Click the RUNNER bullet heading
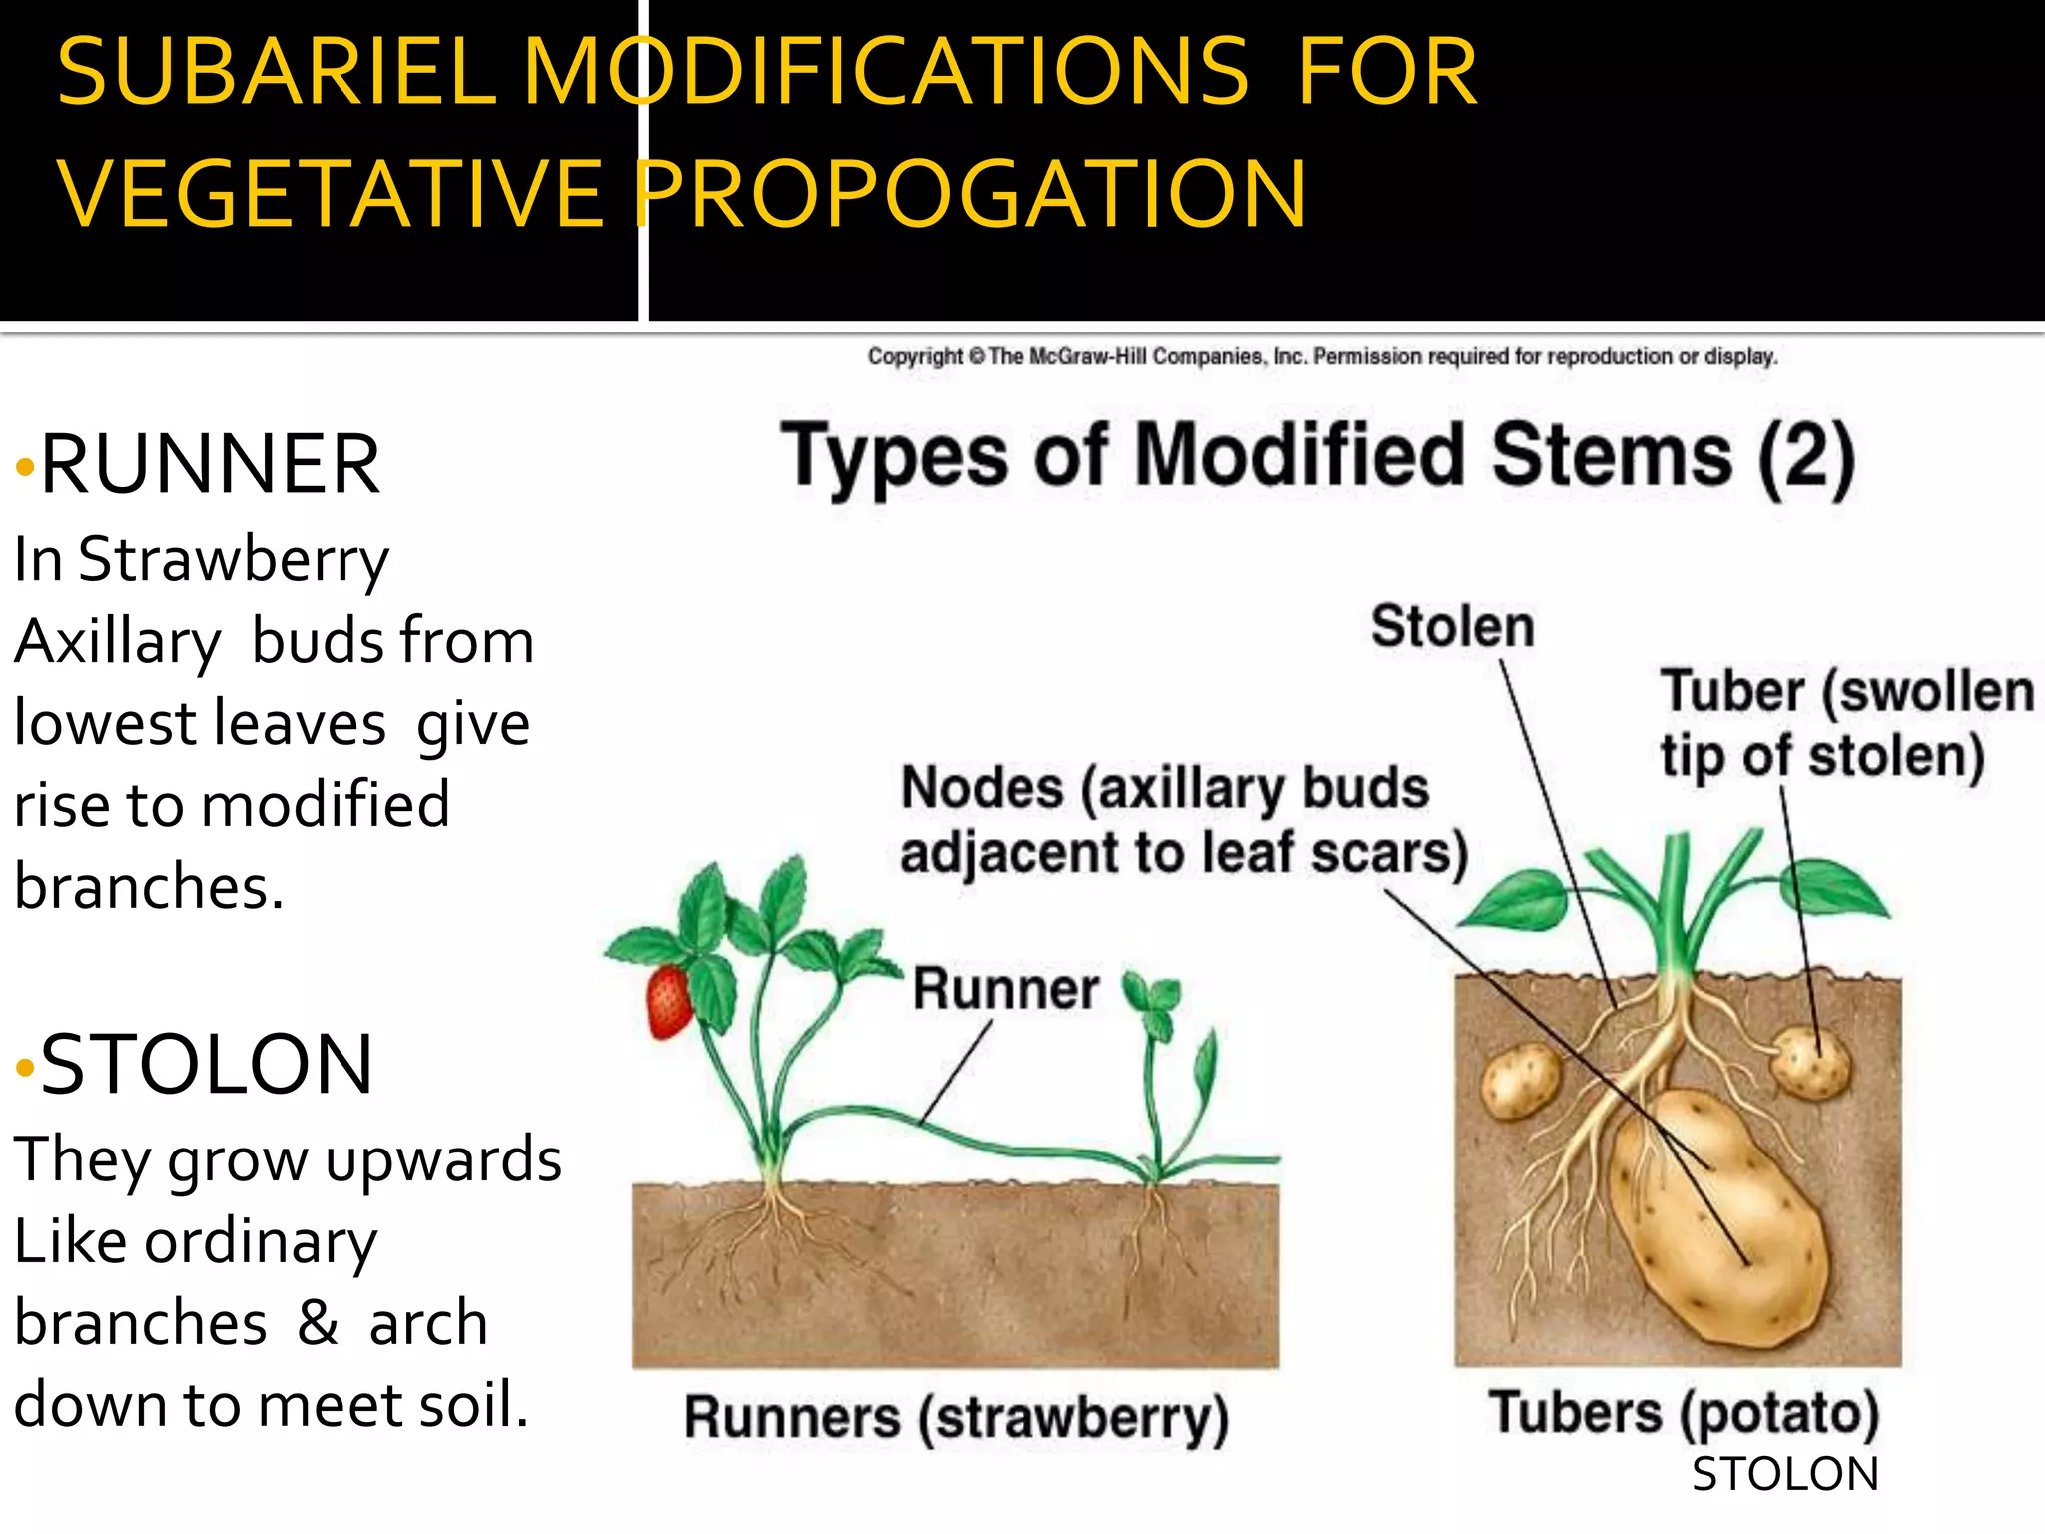coord(210,464)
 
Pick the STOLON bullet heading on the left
coord(207,1065)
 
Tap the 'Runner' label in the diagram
coord(1006,989)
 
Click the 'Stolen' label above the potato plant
coord(1452,627)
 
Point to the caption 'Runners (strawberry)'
coord(956,1418)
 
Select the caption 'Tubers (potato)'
coord(1684,1412)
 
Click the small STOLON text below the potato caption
coord(1784,1475)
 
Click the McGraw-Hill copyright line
coord(1322,357)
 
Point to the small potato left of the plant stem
coord(1520,1081)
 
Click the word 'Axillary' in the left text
coord(118,642)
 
